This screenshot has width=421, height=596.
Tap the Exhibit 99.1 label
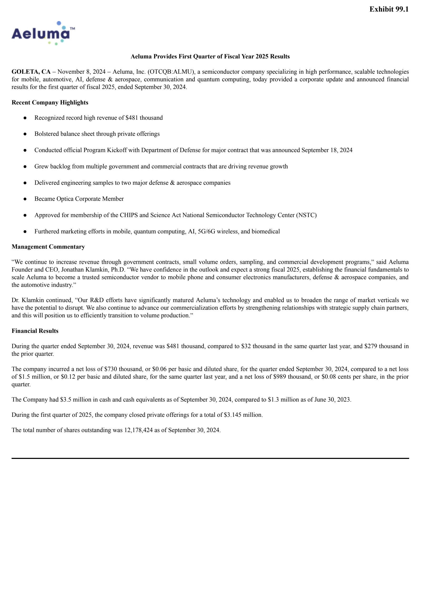pos(389,9)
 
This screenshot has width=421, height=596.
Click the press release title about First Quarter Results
pos(210,57)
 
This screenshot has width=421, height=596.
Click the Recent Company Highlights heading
pos(50,103)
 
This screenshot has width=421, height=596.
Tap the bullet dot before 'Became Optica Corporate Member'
pos(25,199)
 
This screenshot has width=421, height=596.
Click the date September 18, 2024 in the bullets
pos(327,150)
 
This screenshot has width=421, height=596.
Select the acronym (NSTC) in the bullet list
pos(306,215)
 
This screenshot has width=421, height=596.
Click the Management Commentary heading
pos(48,247)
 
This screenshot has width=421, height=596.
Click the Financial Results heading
pos(35,331)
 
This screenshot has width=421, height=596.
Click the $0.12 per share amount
pos(68,377)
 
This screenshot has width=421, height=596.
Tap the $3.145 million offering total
pos(243,415)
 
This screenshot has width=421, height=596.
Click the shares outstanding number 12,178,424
pos(138,430)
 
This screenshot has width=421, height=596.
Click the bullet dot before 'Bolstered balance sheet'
pos(25,134)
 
